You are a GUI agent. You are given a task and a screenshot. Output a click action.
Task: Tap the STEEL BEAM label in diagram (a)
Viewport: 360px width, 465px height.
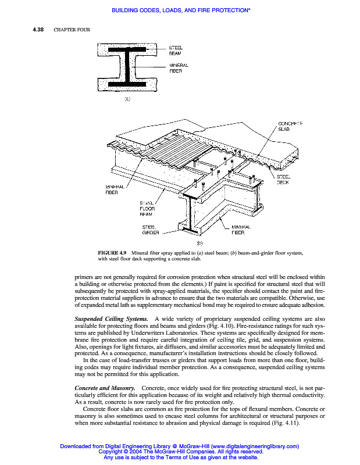click(x=176, y=50)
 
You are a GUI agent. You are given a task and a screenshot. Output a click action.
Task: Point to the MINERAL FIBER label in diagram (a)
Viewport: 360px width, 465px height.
click(x=178, y=67)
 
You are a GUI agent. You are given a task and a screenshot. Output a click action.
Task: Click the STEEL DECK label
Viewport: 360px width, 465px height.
click(x=283, y=179)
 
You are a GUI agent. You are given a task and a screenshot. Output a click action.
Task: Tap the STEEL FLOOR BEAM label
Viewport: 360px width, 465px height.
click(x=146, y=209)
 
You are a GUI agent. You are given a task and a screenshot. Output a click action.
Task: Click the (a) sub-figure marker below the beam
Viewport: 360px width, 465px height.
click(x=126, y=99)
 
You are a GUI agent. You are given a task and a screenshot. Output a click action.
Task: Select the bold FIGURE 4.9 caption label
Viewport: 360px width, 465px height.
click(x=112, y=253)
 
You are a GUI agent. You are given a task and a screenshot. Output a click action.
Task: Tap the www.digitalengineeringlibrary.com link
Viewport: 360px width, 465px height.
click(x=254, y=446)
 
